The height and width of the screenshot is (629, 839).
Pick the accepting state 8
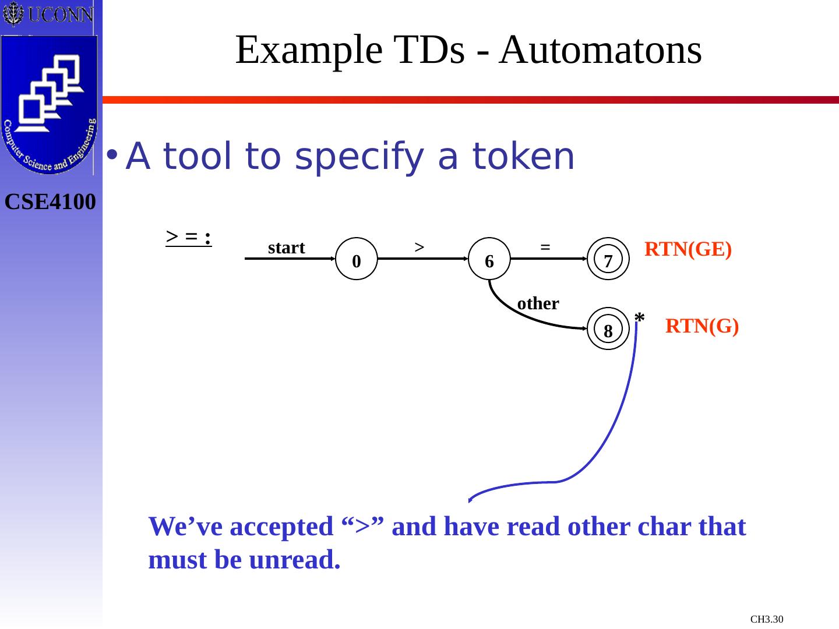[x=608, y=329]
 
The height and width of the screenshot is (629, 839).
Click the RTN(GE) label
[x=688, y=249]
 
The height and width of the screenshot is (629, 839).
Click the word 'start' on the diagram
[x=286, y=248]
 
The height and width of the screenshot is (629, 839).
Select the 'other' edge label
[x=538, y=303]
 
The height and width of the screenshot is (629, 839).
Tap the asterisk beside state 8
[x=639, y=318]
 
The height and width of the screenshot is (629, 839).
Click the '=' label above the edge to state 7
[x=545, y=246]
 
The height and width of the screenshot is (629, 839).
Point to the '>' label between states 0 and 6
[x=418, y=246]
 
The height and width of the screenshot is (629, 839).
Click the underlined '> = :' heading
[x=188, y=236]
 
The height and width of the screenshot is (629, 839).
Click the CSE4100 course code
[x=50, y=202]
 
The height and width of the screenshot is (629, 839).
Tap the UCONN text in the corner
[x=60, y=14]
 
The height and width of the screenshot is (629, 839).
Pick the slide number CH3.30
[x=766, y=619]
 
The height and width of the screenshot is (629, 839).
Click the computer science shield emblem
[x=50, y=104]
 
